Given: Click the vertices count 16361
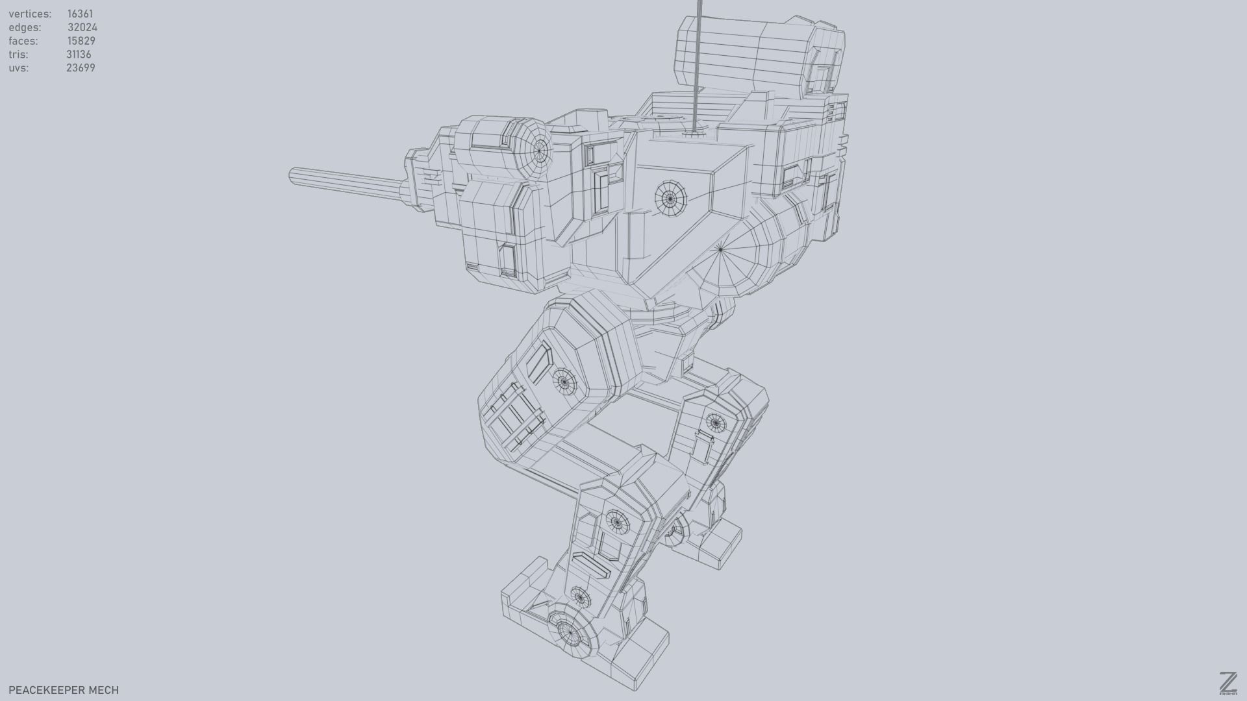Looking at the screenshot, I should [x=80, y=14].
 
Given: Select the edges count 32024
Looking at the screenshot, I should [x=82, y=27].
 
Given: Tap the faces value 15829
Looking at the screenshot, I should [x=81, y=41].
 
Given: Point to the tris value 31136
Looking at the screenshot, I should [x=79, y=55].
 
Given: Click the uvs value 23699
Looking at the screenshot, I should [x=81, y=68].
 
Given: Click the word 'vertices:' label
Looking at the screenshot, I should [x=30, y=14].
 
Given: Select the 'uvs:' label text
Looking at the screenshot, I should [x=18, y=68].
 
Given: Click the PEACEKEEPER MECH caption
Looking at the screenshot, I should [x=64, y=690].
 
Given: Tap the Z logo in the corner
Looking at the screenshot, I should [x=1228, y=684].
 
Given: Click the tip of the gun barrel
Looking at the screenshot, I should [x=294, y=175].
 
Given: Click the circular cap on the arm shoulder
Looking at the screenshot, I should [x=538, y=150].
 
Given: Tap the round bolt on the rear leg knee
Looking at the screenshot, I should [x=715, y=423].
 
